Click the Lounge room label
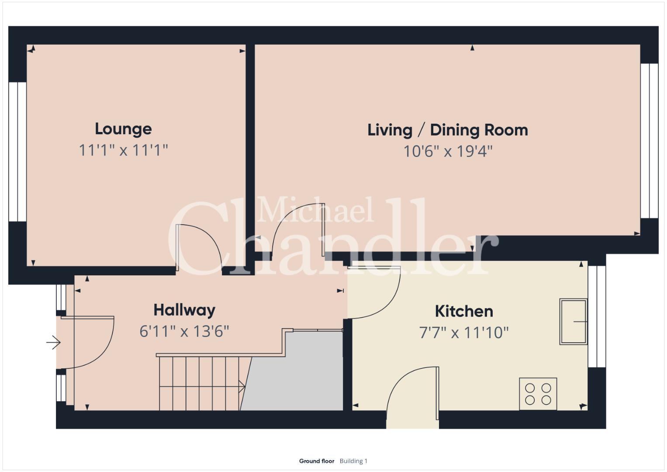(x=123, y=129)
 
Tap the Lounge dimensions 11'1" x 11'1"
(x=124, y=150)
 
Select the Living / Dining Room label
(x=448, y=130)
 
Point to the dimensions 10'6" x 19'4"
(x=448, y=151)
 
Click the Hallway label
(x=184, y=310)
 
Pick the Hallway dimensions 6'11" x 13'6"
(x=184, y=331)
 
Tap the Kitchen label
(x=464, y=311)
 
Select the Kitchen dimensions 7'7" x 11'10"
(x=464, y=333)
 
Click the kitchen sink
(x=573, y=322)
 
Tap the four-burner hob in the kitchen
(x=538, y=394)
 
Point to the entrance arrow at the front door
(x=53, y=342)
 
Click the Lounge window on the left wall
(x=17, y=152)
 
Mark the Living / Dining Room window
(x=649, y=141)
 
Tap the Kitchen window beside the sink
(x=597, y=316)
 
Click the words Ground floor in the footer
(x=317, y=461)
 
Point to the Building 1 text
(x=353, y=461)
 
